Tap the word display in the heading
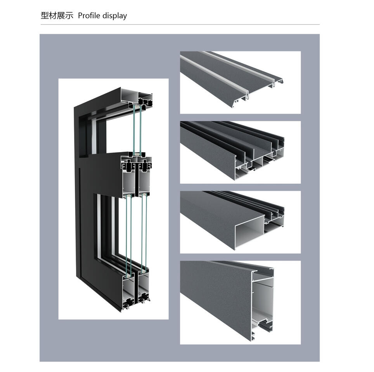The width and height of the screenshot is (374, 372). (x=114, y=16)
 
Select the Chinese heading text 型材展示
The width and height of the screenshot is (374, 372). (x=57, y=16)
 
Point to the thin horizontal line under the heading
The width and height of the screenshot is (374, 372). (x=180, y=25)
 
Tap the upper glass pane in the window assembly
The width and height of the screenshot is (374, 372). (x=137, y=130)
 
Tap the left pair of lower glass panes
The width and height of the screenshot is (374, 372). (x=128, y=233)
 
